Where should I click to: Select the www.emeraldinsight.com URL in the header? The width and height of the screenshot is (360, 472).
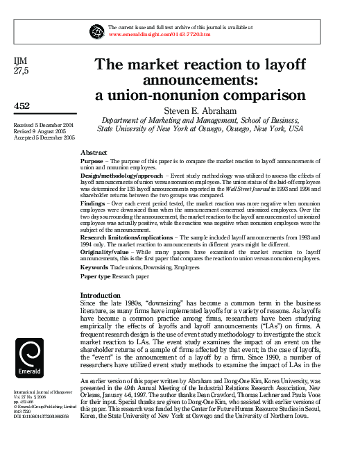pos(160,33)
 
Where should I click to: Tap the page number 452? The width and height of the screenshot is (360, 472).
pos(22,106)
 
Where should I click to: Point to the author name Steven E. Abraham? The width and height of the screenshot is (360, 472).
pos(200,110)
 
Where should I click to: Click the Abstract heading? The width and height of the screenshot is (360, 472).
pos(94,151)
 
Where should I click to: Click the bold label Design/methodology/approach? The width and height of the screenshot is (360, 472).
pos(122,176)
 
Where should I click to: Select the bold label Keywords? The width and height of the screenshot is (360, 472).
pos(94,267)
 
